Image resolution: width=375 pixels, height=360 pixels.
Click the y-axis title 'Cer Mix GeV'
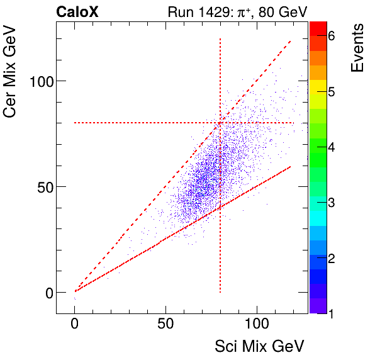click(x=11, y=74)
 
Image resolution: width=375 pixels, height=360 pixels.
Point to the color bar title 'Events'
click(x=357, y=48)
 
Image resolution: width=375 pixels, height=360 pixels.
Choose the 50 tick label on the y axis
click(x=42, y=186)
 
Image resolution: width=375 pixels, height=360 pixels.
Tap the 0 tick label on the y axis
click(x=46, y=292)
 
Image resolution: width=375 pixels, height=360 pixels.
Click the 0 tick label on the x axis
click(x=75, y=325)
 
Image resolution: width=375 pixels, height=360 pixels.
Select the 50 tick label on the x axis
click(x=165, y=325)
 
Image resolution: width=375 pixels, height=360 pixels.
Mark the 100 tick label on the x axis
click(x=256, y=325)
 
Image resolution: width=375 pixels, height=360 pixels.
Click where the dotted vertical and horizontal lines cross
click(x=220, y=123)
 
